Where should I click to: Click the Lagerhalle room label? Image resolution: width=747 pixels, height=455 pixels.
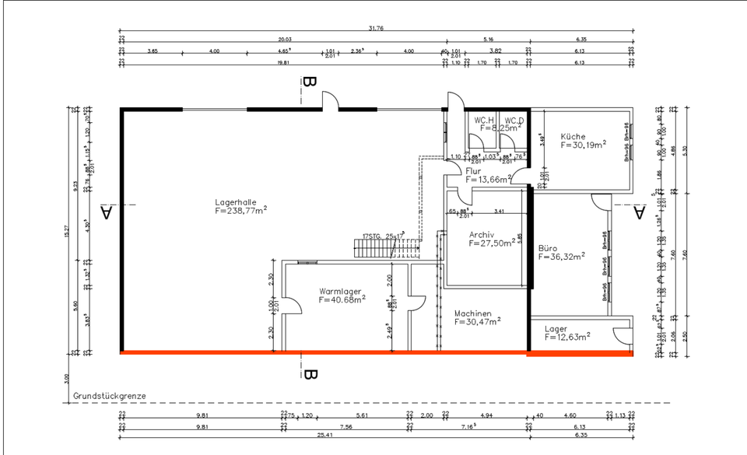[x=235, y=201]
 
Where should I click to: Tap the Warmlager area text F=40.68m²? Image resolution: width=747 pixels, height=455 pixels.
[x=343, y=299]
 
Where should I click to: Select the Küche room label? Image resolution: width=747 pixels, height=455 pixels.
[x=573, y=136]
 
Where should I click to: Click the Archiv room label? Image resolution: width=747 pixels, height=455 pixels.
[x=483, y=234]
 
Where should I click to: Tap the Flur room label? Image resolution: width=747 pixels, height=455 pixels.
[x=473, y=171]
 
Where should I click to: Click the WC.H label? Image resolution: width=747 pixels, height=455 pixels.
[x=485, y=120]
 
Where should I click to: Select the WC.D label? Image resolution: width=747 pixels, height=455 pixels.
[x=514, y=120]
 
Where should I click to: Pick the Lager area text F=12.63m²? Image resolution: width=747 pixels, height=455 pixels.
[x=567, y=338]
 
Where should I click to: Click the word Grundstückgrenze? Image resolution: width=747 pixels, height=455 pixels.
[x=109, y=396]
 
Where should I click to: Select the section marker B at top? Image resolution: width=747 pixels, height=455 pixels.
[x=310, y=82]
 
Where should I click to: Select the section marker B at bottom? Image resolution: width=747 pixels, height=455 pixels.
[x=310, y=375]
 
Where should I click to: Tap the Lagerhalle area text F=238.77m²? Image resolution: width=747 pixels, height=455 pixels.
[x=241, y=210]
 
